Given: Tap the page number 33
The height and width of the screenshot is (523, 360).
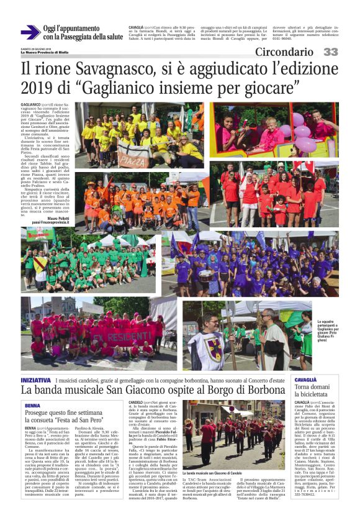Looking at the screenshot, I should tap(331, 52).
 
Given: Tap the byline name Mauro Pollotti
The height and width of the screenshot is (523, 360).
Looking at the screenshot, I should tap(56, 219).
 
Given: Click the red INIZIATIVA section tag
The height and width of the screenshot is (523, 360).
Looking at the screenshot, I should tap(36, 380).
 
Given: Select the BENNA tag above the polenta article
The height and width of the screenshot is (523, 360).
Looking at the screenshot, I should tap(33, 404).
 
